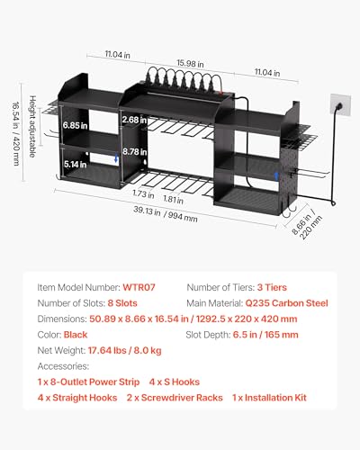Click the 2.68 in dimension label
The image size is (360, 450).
(x=134, y=120)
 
